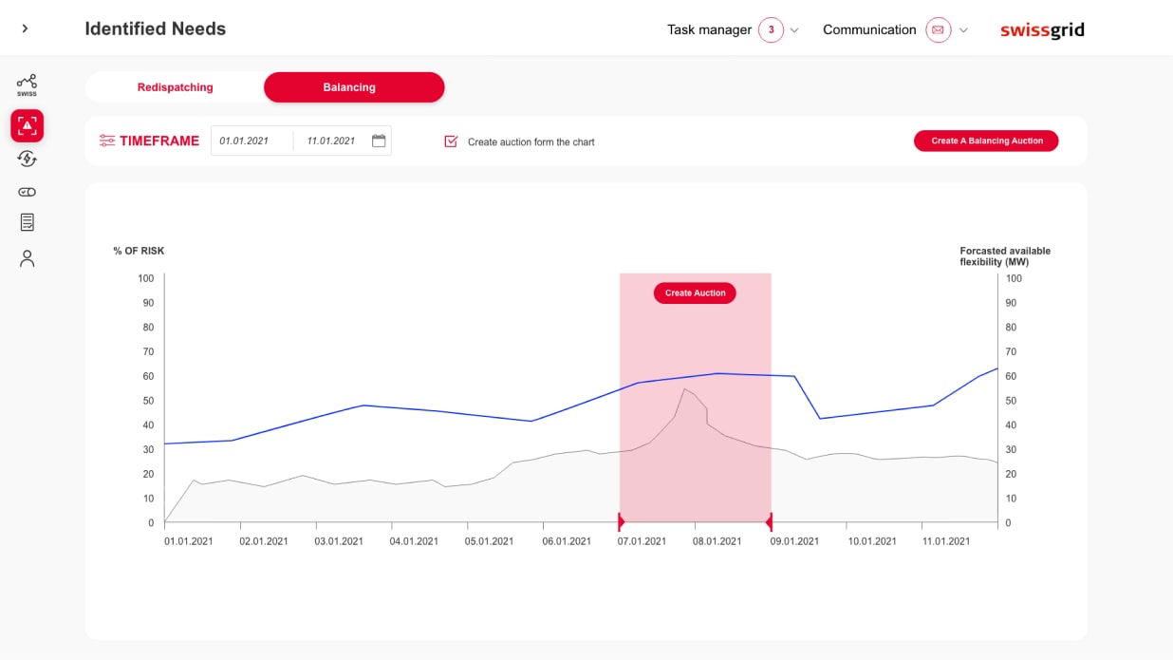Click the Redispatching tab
pyautogui.click(x=175, y=87)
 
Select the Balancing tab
pyautogui.click(x=349, y=87)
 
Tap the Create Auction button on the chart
pyautogui.click(x=695, y=293)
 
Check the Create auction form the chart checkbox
pyautogui.click(x=452, y=141)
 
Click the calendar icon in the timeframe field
pyautogui.click(x=379, y=141)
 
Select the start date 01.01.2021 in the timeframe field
pyautogui.click(x=244, y=141)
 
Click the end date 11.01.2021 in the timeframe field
pyautogui.click(x=331, y=141)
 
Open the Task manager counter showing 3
pyautogui.click(x=771, y=29)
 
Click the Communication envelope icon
pyautogui.click(x=938, y=29)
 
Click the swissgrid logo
pyautogui.click(x=1042, y=30)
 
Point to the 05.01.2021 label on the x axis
pyautogui.click(x=489, y=541)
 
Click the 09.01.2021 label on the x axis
pyautogui.click(x=794, y=541)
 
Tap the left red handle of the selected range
pyautogui.click(x=621, y=521)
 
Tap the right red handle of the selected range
pyautogui.click(x=769, y=521)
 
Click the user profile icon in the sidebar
pyautogui.click(x=28, y=258)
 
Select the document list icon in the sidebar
pyautogui.click(x=28, y=222)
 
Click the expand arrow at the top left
pyautogui.click(x=25, y=28)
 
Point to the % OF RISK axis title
pyautogui.click(x=139, y=251)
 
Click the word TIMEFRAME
pyautogui.click(x=159, y=141)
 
